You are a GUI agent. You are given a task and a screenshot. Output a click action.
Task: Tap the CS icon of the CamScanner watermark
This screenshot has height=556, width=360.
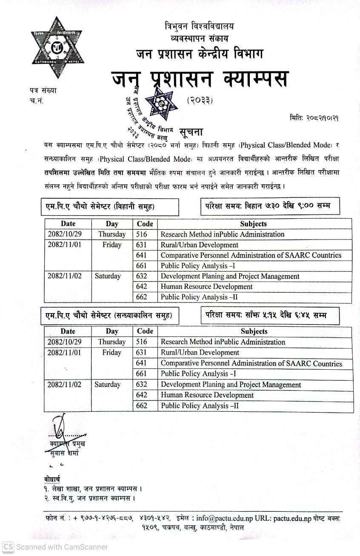click(8, 547)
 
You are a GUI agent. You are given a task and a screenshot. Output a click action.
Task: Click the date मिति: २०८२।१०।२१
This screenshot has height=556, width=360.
click(314, 117)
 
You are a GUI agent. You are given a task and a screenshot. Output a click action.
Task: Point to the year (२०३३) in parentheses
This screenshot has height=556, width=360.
click(200, 100)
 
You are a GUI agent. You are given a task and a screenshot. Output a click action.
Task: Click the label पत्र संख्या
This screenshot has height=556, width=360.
click(43, 90)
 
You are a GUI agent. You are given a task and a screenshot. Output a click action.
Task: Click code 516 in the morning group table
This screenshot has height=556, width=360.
click(141, 234)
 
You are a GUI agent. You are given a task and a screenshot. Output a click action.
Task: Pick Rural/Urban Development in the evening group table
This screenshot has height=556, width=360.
click(200, 352)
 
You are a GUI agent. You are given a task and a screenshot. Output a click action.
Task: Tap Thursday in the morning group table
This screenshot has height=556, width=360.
click(112, 234)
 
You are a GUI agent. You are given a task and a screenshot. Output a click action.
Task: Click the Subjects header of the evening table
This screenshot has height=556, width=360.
click(254, 331)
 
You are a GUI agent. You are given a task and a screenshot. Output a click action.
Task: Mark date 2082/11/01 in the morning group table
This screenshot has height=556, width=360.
click(64, 245)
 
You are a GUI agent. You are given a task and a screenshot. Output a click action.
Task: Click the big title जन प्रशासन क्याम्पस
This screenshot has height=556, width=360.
click(200, 79)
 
